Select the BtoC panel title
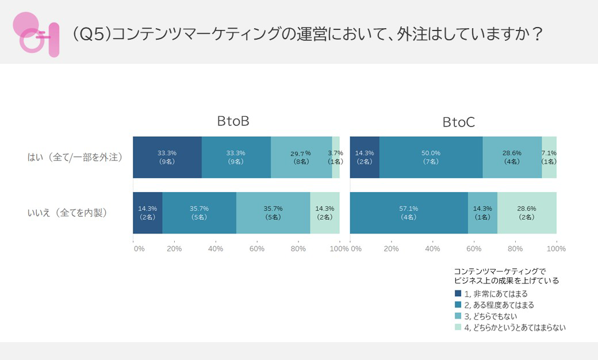[x=458, y=122]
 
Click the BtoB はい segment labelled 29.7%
[x=301, y=157]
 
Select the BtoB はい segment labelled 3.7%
[x=336, y=157]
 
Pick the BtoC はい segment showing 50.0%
[x=431, y=157]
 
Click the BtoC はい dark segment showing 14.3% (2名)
[x=365, y=157]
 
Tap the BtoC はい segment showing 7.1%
[x=549, y=157]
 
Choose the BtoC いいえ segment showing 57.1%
[x=409, y=213]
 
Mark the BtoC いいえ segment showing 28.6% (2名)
[x=527, y=213]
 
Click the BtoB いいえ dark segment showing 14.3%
[x=148, y=213]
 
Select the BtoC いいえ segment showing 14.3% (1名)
[x=482, y=213]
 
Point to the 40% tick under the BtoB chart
[x=216, y=249]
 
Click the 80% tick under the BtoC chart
[x=515, y=249]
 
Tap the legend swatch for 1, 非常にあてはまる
[x=458, y=294]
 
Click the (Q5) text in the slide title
[x=91, y=34]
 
